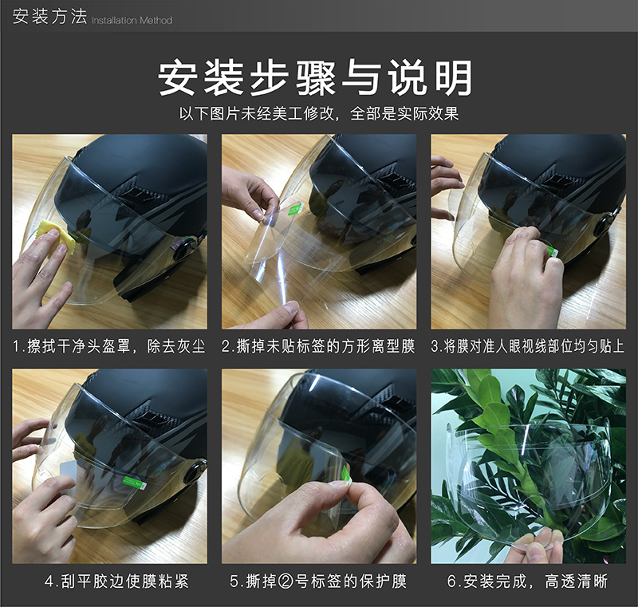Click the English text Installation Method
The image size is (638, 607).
[132, 20]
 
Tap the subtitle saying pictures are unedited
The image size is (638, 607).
[318, 113]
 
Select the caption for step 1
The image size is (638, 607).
[109, 347]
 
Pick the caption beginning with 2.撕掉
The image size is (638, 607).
[318, 347]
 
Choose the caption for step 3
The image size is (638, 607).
[528, 347]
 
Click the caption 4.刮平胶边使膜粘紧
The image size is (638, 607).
[109, 581]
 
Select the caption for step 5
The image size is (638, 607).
[318, 581]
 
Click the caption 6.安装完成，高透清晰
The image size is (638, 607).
[528, 581]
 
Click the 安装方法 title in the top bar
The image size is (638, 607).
[49, 17]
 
